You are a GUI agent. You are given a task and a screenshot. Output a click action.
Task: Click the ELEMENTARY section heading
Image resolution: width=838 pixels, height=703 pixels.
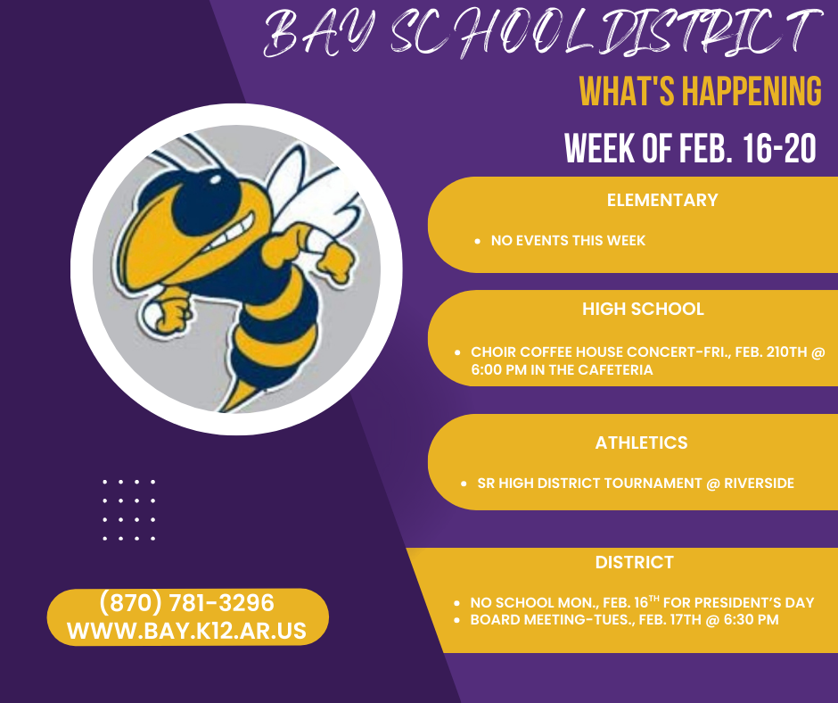[x=662, y=200]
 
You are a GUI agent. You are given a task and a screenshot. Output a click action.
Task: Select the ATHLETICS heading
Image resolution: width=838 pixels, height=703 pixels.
[x=642, y=442]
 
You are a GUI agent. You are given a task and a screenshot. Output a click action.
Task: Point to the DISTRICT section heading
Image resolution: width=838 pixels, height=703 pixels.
[x=635, y=563]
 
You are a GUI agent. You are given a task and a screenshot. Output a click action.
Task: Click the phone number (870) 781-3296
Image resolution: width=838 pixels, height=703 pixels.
[x=187, y=603]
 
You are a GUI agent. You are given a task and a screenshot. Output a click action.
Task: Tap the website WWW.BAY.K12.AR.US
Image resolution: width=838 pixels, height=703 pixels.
[x=187, y=631]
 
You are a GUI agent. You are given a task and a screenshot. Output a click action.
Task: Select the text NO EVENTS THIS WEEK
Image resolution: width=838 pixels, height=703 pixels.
[x=568, y=241]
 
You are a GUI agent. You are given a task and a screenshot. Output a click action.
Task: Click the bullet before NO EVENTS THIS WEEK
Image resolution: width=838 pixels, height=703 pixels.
[x=478, y=241]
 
